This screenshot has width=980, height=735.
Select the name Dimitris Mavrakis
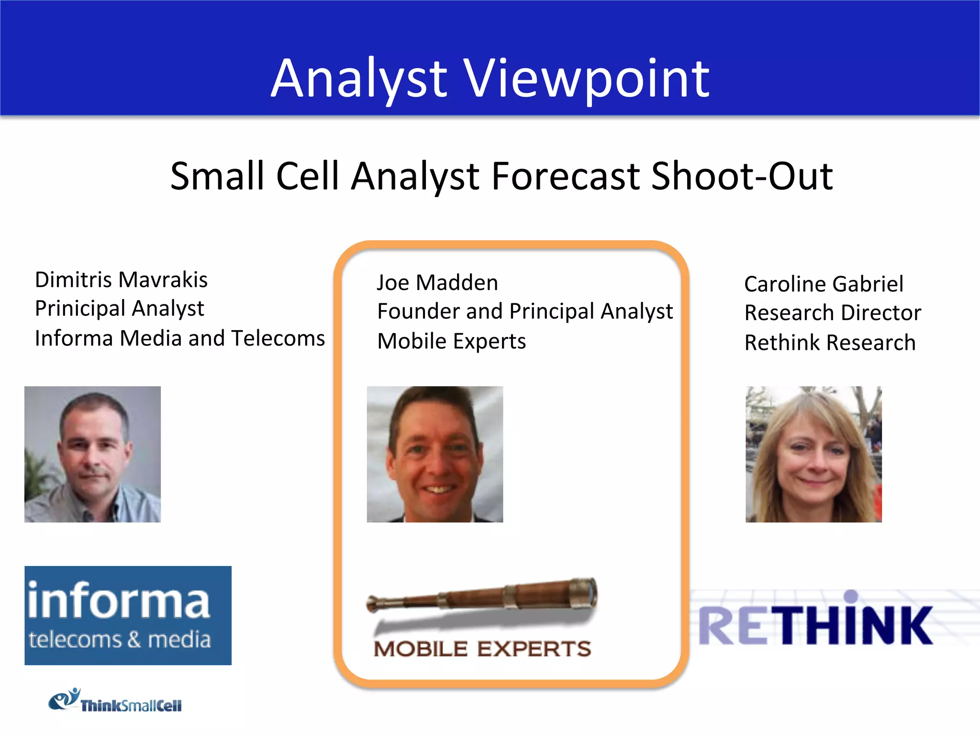121,280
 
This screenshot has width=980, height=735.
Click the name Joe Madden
437,283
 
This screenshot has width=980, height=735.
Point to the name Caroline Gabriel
824,284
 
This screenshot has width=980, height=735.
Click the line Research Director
833,313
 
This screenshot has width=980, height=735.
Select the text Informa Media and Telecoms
180,338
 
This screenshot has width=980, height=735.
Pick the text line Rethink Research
830,343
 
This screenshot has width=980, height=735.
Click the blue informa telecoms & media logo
128,615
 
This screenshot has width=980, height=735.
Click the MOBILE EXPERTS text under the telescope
482,649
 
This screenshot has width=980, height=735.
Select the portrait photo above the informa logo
92,454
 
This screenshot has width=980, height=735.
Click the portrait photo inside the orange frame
434,454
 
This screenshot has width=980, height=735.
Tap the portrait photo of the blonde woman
813,454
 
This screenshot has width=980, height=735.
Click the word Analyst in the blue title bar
359,79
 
